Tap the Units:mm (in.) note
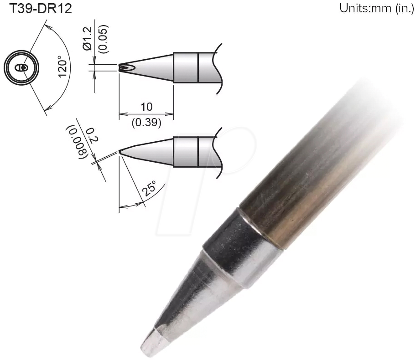[376, 9]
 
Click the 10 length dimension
[146, 107]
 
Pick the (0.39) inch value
[146, 122]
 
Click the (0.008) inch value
[77, 142]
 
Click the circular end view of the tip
[21, 68]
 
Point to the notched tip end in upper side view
[123, 68]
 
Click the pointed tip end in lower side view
[120, 151]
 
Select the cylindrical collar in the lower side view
[186, 152]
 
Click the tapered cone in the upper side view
[151, 68]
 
